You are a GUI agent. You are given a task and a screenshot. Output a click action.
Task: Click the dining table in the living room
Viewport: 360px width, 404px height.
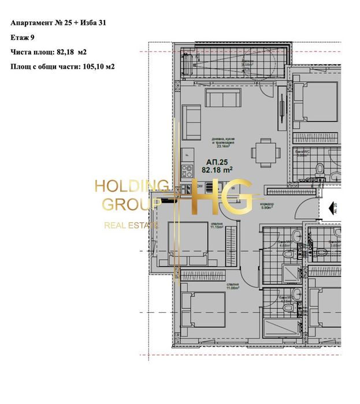[263, 151]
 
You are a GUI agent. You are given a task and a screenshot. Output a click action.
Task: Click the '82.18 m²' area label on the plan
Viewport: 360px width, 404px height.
[217, 170]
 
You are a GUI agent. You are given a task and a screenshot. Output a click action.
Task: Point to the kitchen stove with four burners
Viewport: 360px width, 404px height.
[187, 170]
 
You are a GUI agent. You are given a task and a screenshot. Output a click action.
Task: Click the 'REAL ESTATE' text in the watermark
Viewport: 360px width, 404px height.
[131, 225]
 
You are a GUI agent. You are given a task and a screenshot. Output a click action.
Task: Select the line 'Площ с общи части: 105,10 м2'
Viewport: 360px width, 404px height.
[62, 66]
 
